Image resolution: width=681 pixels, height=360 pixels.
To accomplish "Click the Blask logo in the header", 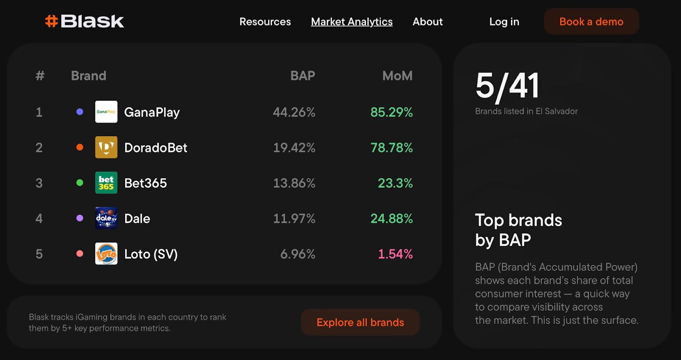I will [85, 21].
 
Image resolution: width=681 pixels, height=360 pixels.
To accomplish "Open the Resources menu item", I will [265, 22].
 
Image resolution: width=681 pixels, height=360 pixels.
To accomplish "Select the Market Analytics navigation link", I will [352, 22].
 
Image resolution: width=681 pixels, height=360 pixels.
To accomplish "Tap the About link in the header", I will [427, 22].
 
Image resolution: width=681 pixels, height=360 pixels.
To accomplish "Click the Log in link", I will [504, 22].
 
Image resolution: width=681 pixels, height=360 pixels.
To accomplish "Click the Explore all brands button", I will [360, 323].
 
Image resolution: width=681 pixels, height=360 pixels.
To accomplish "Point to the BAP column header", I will [303, 76].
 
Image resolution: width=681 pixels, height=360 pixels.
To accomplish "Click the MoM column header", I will [397, 76].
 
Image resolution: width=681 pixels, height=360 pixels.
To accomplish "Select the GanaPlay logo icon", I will [106, 112].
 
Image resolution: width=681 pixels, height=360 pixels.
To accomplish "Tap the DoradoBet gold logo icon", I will [106, 147].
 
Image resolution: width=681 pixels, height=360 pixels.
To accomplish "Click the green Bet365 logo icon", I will [106, 183].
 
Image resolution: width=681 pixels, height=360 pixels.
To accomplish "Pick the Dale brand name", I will [137, 219].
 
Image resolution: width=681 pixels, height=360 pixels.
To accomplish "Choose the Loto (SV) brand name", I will [151, 254].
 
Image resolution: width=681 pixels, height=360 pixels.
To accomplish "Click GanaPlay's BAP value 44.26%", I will [294, 112].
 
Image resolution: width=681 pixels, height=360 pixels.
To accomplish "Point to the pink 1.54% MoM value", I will [395, 254].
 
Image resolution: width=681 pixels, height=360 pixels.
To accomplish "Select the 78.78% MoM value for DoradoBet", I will [392, 148].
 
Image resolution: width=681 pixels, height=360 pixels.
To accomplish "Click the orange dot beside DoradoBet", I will [80, 147].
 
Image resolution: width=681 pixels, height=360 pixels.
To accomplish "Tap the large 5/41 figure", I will [507, 86].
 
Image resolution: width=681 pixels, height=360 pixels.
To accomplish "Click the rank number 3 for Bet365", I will [39, 183].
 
